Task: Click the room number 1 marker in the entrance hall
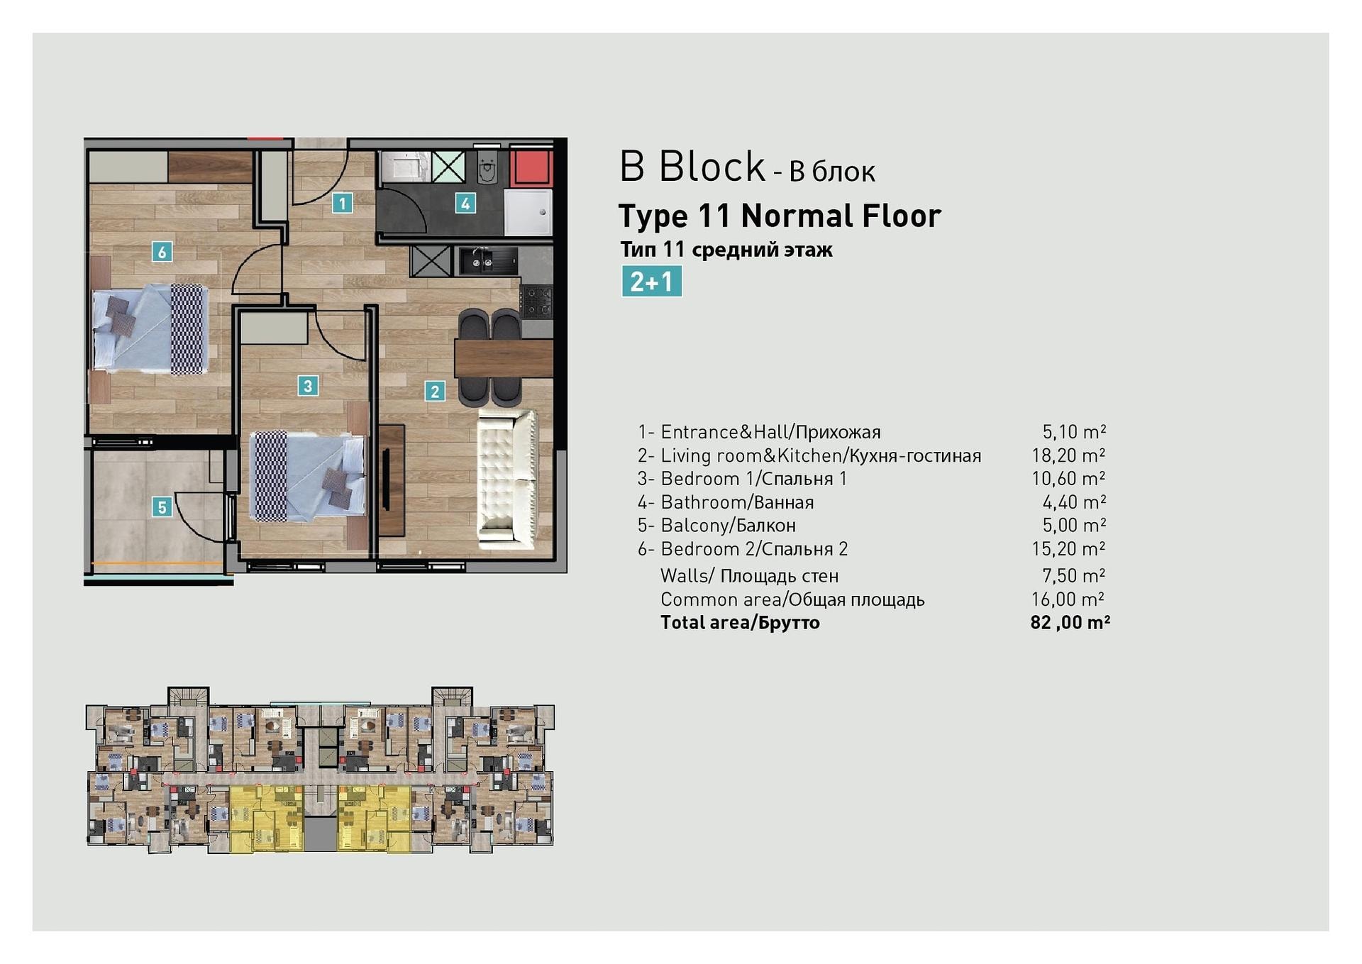342,204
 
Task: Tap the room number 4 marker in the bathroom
465,204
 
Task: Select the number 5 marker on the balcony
162,507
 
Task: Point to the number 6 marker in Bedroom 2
162,251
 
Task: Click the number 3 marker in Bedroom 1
307,386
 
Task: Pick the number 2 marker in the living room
435,391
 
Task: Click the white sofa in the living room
506,480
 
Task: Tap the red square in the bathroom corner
530,167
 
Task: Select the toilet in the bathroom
487,167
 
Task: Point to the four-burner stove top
537,301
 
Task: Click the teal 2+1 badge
651,281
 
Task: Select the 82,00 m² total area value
1070,623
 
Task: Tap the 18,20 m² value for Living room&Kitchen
1068,455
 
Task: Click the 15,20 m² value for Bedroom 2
1068,549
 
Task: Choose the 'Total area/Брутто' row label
740,623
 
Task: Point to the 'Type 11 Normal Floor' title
780,216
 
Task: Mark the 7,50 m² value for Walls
1074,575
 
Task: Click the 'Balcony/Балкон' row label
728,526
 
